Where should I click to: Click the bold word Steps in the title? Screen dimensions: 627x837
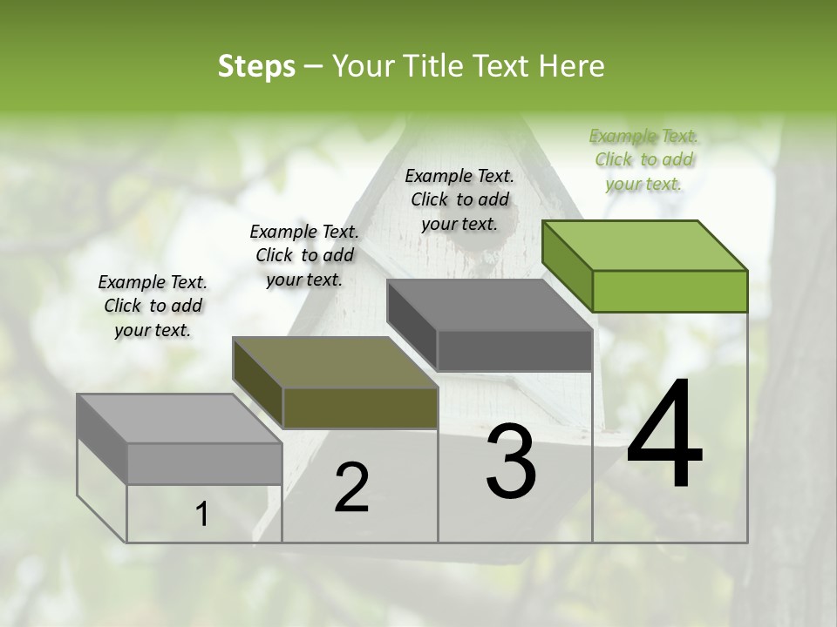coord(256,66)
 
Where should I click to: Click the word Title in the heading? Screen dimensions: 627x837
coord(433,66)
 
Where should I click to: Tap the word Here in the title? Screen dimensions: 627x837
coord(571,66)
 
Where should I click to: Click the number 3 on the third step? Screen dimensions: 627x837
coord(511,462)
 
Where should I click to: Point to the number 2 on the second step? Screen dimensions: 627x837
coord(351,488)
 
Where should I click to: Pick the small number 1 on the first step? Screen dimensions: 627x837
coord(202,515)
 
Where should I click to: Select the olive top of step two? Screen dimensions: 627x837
coord(335,362)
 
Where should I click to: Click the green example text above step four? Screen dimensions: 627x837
coord(643,159)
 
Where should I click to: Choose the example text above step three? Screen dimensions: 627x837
coord(459,199)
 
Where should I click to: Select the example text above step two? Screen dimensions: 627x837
coord(303,255)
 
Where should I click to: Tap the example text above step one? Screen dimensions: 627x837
coord(153,306)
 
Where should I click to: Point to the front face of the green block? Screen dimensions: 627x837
coord(670,291)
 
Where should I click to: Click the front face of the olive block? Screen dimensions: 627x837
coord(360,408)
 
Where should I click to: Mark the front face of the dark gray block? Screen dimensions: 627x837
coord(514,351)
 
